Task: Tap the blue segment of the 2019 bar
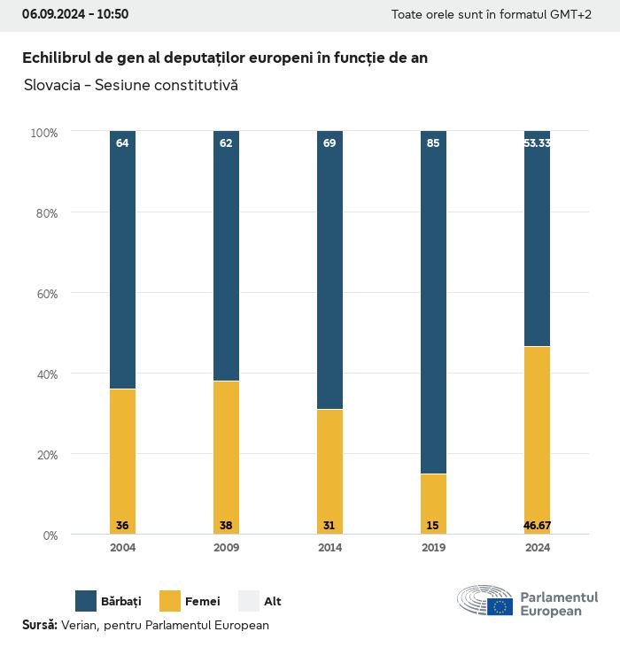click(x=433, y=302)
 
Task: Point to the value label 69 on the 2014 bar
click(x=329, y=142)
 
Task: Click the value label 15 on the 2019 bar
click(x=433, y=526)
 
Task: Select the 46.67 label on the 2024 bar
click(x=537, y=526)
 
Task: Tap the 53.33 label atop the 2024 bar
click(x=537, y=142)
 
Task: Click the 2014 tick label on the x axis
click(x=329, y=548)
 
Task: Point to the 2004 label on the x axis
click(x=122, y=548)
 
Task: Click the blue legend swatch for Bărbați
click(x=86, y=601)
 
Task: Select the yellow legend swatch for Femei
click(x=170, y=601)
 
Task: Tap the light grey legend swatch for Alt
click(x=249, y=601)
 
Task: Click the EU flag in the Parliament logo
click(x=500, y=606)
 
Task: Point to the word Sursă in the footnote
click(x=40, y=625)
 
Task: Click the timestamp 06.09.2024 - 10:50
click(x=75, y=14)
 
